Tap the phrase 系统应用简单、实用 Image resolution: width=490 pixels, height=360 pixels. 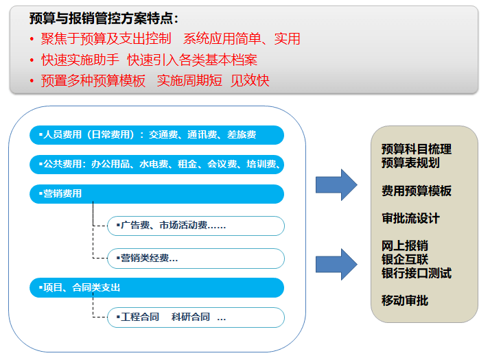click(242, 38)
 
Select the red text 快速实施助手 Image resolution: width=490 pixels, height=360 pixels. click(80, 60)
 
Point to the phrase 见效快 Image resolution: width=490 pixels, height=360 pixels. click(250, 80)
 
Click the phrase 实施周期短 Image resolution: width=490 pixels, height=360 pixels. click(189, 80)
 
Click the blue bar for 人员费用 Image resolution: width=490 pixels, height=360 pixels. click(156, 135)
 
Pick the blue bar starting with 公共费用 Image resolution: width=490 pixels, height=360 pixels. click(156, 165)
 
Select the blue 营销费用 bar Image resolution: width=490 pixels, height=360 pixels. click(156, 194)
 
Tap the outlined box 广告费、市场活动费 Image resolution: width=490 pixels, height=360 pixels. click(196, 226)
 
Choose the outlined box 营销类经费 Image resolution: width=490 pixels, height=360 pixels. click(196, 259)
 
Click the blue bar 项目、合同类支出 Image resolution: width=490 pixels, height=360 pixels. click(156, 287)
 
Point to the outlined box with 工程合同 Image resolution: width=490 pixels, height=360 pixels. click(196, 317)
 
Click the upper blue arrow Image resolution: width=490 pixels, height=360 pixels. click(336, 185)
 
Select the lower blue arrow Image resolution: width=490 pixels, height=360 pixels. click(336, 265)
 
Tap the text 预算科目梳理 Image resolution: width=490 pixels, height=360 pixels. click(417, 149)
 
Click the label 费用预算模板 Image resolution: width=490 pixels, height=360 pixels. click(417, 191)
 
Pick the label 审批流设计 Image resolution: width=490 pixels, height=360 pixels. click(410, 218)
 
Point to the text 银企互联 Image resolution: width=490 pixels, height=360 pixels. click(405, 259)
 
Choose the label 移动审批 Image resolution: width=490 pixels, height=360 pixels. click(405, 300)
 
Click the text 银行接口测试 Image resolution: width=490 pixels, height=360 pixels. click(417, 273)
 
